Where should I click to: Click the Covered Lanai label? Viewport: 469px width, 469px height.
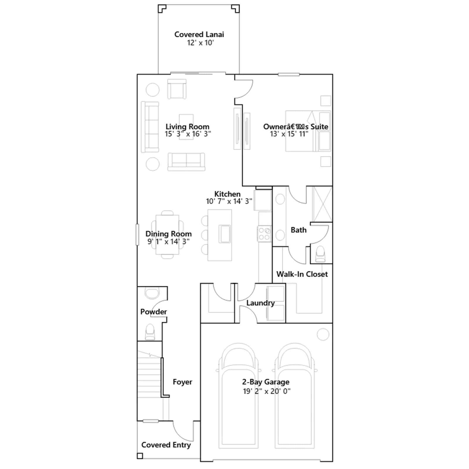(x=199, y=35)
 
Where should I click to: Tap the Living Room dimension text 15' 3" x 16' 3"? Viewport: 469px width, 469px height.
(x=188, y=134)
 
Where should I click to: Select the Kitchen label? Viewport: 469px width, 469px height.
(x=227, y=194)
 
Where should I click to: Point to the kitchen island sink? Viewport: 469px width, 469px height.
(x=225, y=234)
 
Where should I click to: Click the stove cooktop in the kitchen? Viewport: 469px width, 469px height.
(x=264, y=234)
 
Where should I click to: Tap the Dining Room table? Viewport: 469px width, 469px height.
(x=167, y=235)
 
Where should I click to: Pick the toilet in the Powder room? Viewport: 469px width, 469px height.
(x=150, y=332)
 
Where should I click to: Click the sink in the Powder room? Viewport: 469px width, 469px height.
(x=152, y=293)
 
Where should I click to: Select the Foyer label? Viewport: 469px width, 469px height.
(x=182, y=382)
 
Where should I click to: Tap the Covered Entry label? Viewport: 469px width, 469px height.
(x=166, y=445)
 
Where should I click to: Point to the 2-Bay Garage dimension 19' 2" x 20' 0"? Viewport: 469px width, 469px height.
(x=267, y=391)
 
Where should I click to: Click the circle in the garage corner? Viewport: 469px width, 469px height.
(x=323, y=334)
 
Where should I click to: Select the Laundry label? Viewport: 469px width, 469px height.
(x=261, y=303)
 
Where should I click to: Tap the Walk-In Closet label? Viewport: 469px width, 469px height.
(x=302, y=274)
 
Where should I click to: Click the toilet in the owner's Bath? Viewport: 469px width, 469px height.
(x=320, y=254)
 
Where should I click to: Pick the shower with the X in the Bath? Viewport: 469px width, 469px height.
(x=322, y=204)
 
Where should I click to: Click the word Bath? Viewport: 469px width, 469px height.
(x=299, y=230)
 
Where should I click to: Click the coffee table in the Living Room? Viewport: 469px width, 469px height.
(x=186, y=127)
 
